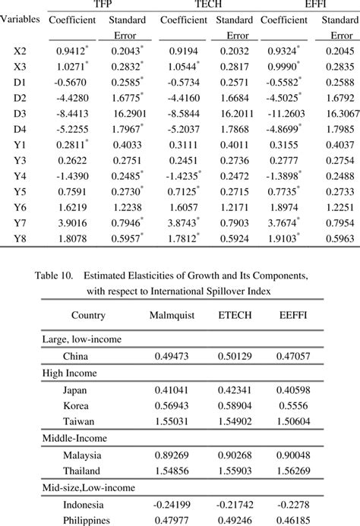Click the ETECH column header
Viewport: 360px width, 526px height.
[x=237, y=315]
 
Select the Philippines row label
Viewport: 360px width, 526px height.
[x=89, y=519]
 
